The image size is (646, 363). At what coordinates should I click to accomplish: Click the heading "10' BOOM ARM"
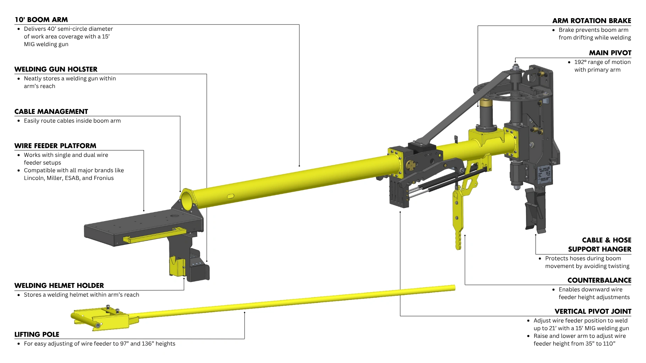pyautogui.click(x=41, y=20)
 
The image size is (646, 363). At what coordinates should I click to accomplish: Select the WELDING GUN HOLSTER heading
pyautogui.click(x=56, y=69)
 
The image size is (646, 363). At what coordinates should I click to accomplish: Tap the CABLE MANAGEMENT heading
pyautogui.click(x=51, y=111)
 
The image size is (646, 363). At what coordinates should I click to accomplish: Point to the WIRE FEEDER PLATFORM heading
pyautogui.click(x=55, y=146)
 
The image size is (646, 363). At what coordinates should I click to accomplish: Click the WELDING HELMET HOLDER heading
pyautogui.click(x=59, y=285)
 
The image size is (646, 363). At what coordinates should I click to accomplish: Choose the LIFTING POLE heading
pyautogui.click(x=37, y=334)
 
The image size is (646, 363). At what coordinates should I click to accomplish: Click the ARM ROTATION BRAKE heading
pyautogui.click(x=591, y=21)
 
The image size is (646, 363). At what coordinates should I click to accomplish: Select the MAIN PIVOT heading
pyautogui.click(x=610, y=53)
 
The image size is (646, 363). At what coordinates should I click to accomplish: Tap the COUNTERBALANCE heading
pyautogui.click(x=599, y=280)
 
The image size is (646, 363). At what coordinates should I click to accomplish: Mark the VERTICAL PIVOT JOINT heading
pyautogui.click(x=593, y=311)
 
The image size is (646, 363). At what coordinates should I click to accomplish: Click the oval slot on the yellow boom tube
pyautogui.click(x=231, y=196)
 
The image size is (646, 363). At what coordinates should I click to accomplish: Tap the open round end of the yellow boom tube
pyautogui.click(x=187, y=200)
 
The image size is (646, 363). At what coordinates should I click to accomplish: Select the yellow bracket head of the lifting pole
pyautogui.click(x=101, y=318)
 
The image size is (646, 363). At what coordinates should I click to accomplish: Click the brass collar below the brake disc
pyautogui.click(x=486, y=103)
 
